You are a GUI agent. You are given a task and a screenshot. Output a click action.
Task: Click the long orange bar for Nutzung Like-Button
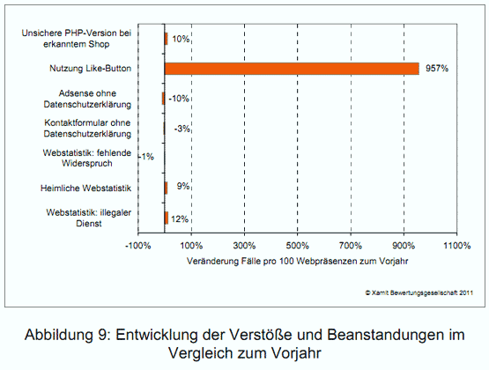(x=291, y=69)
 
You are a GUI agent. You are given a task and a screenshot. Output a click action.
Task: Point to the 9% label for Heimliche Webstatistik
(x=179, y=188)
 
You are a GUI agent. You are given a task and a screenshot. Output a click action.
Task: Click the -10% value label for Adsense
(x=180, y=99)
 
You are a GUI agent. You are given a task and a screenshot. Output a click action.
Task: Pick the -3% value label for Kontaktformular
(x=180, y=129)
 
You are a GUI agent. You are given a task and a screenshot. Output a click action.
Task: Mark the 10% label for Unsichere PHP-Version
(x=181, y=39)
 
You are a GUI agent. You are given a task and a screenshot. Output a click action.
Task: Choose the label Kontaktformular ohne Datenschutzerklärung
(x=87, y=128)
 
